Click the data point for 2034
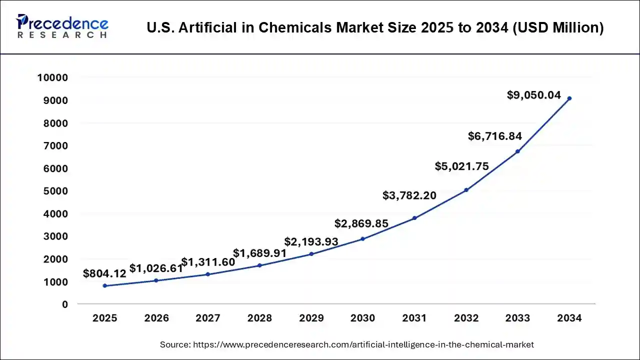(x=569, y=98)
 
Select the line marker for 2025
(x=104, y=285)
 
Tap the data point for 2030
(x=363, y=239)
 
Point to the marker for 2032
(x=466, y=190)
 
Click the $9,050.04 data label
(x=534, y=95)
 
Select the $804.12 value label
(x=104, y=273)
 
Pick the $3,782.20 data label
(x=409, y=195)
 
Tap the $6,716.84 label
(x=495, y=136)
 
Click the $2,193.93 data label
(x=311, y=242)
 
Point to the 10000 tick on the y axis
(x=52, y=78)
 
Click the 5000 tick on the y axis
(x=55, y=191)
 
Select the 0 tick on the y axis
(x=64, y=304)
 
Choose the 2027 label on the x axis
(x=208, y=318)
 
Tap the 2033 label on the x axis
(x=517, y=318)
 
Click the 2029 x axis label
(x=311, y=318)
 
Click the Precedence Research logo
(x=62, y=27)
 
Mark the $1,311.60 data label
(x=208, y=262)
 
